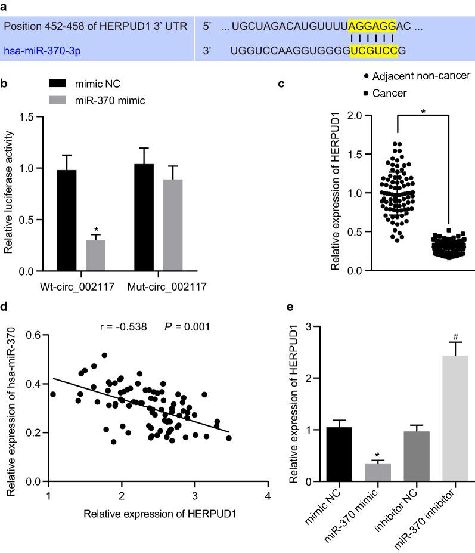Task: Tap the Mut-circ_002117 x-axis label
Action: (167, 287)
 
